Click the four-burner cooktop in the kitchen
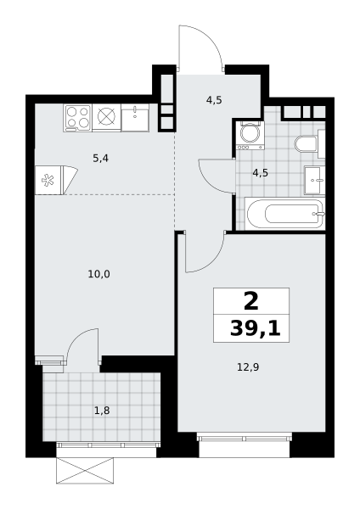pos(78,118)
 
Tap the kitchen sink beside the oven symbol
pos(135,118)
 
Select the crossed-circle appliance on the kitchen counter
pos(107,118)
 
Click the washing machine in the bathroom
pos(250,136)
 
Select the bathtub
pos(285,213)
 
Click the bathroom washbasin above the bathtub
pos(314,180)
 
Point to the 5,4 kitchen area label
pos(101,159)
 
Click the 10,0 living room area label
pos(98,275)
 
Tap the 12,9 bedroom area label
pos(248,367)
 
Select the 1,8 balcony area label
pos(102,411)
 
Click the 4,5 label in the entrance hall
pos(214,100)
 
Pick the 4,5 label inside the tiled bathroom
pos(261,173)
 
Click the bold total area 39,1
pos(255,329)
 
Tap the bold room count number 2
pos(251,301)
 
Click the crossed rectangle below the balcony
pos(85,471)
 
